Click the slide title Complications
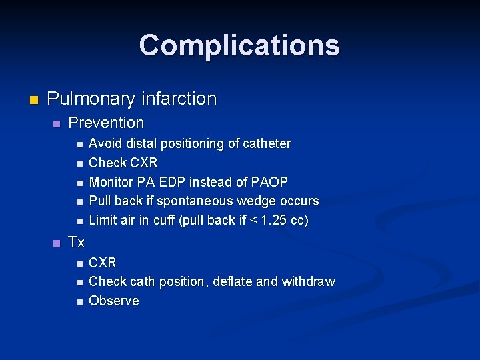click(x=239, y=45)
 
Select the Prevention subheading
click(x=106, y=123)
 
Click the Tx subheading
click(x=77, y=242)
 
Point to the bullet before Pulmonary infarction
click(x=35, y=100)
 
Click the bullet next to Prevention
click(x=57, y=124)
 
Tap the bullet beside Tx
click(x=57, y=243)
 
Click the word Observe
click(x=114, y=301)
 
